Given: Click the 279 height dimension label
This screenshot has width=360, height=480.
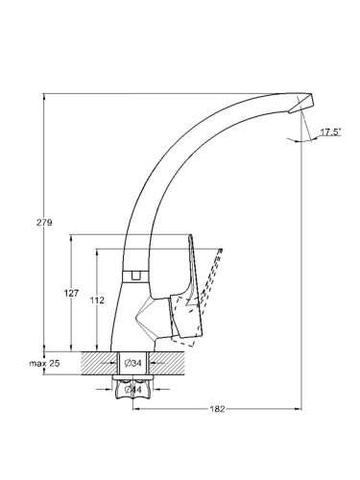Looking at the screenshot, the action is point(44,223).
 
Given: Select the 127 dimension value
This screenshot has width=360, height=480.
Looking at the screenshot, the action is point(71,293).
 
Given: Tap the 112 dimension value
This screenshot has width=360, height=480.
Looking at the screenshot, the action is point(97,300).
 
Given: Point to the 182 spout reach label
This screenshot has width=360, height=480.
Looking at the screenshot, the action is point(217,409).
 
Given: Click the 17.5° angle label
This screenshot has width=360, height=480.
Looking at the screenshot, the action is point(330,132).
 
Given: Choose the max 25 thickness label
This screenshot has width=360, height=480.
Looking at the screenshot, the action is point(44,363).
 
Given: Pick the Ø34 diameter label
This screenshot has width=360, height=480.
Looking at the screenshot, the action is point(132,363).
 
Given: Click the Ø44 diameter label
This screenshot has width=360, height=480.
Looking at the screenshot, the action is point(132,390).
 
